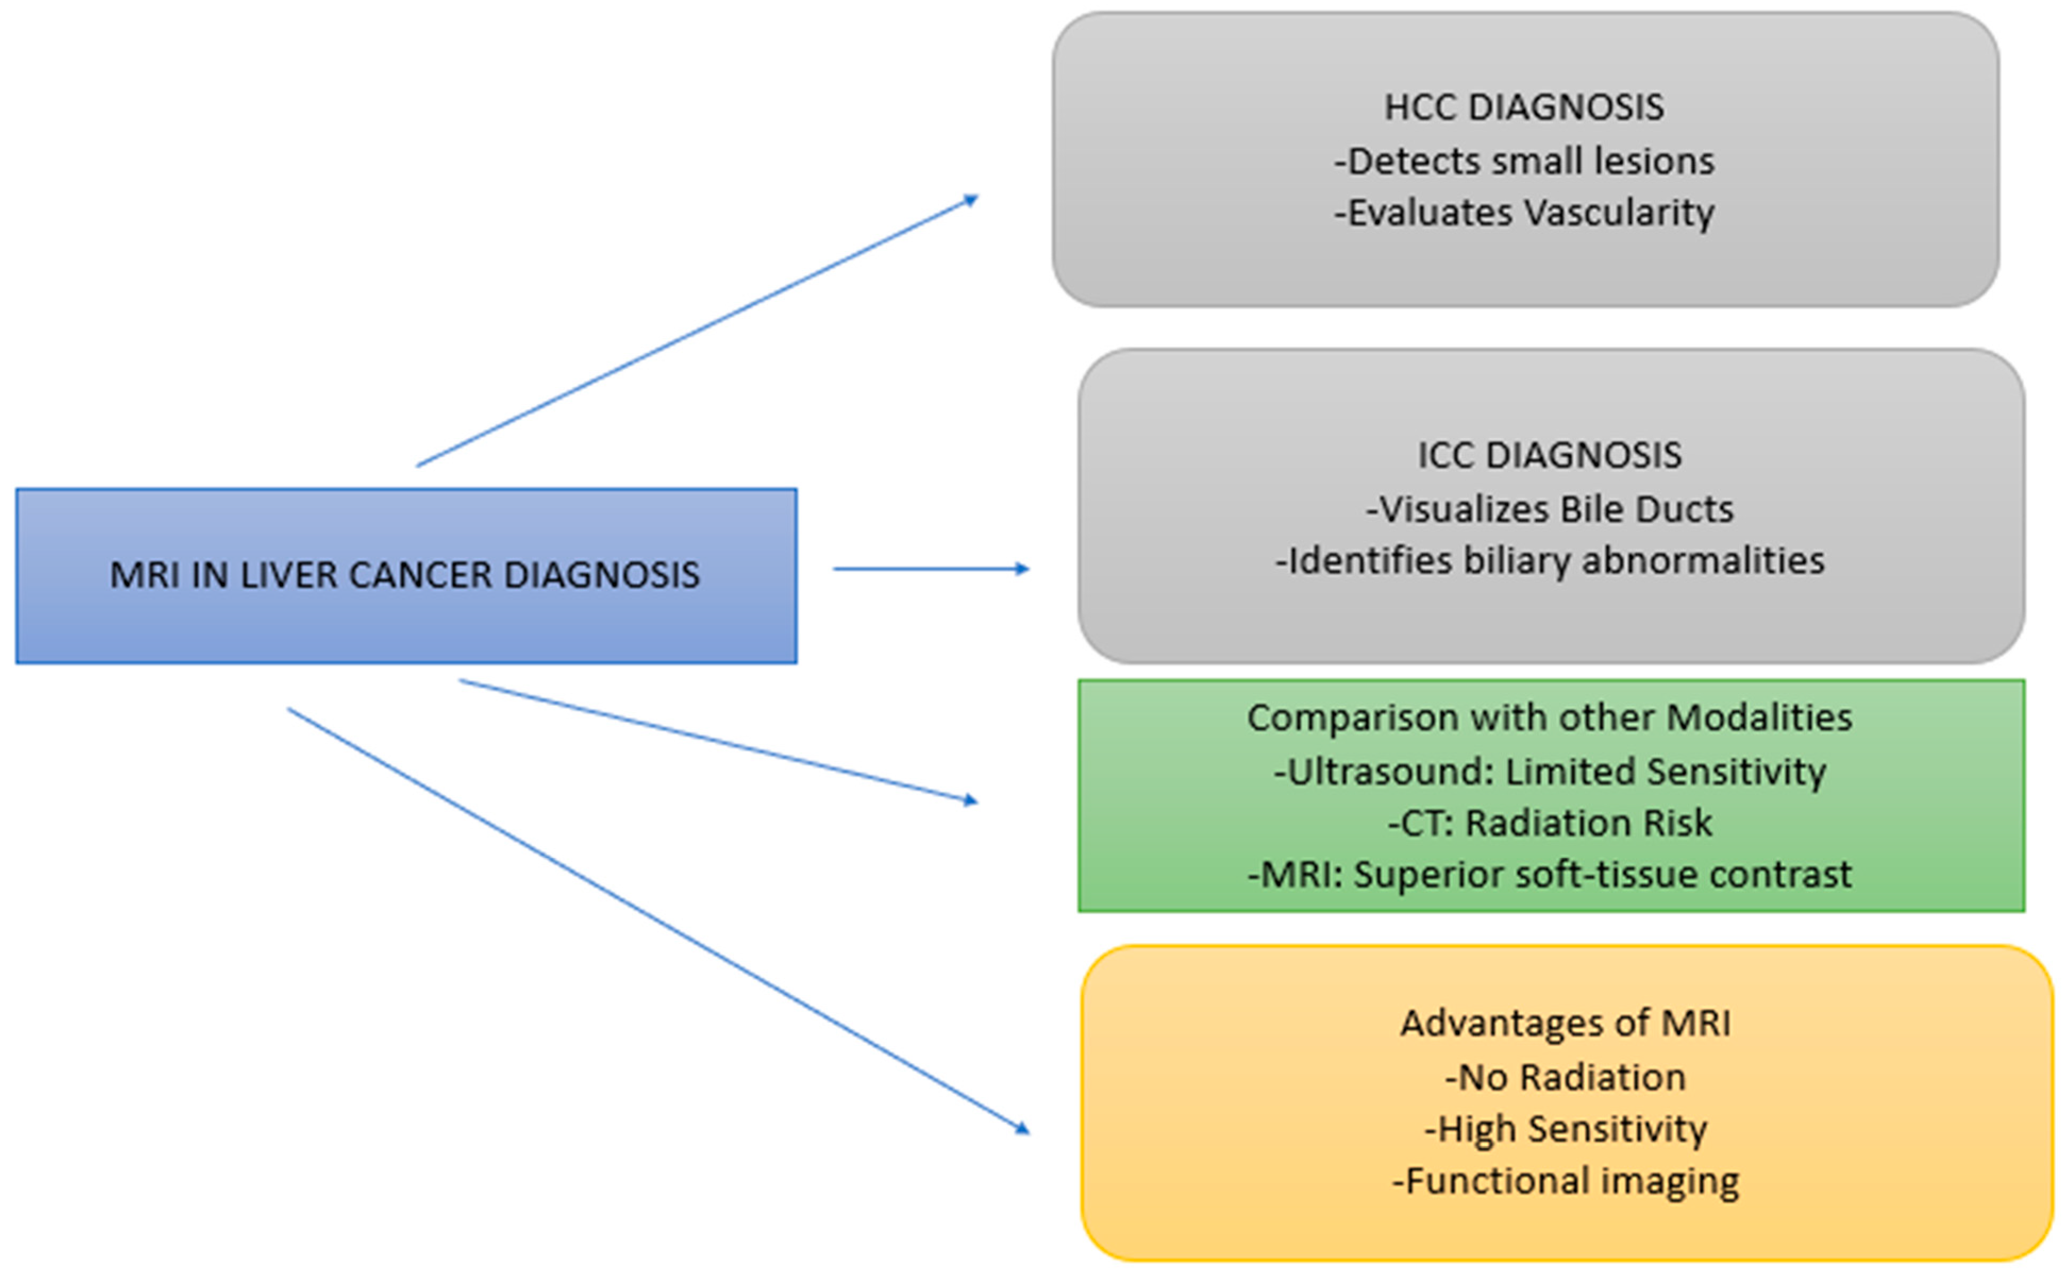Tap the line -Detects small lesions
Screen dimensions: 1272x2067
coord(1524,161)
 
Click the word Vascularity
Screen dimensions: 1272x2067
coord(1619,213)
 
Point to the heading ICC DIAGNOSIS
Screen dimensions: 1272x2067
coord(1549,455)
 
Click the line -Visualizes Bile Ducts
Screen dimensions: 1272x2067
coord(1549,509)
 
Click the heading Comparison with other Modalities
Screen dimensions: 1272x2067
coord(1549,718)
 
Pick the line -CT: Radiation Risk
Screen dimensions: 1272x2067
coord(1549,823)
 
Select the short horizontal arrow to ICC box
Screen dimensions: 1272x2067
coord(930,569)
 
